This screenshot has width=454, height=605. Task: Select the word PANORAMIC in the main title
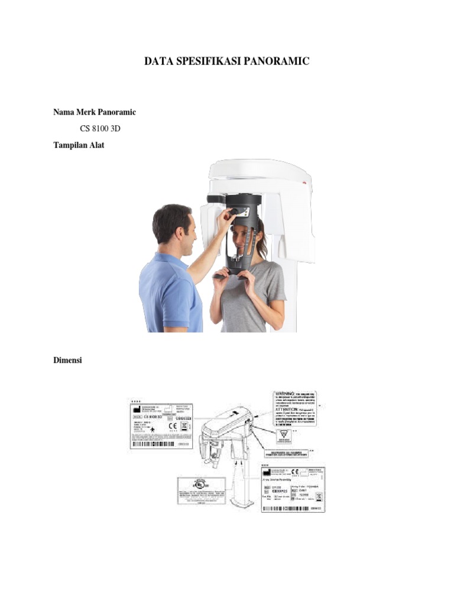[280, 61]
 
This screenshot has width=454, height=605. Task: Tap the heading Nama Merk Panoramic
[95, 112]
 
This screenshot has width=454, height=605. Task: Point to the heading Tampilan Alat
[79, 145]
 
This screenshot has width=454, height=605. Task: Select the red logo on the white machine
[305, 183]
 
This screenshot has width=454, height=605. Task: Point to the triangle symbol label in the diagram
[284, 435]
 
